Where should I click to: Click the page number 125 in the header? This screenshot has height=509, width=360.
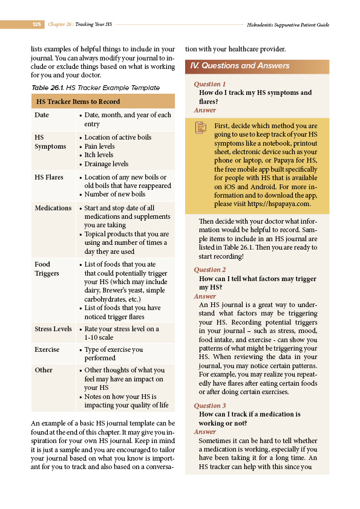tap(36, 25)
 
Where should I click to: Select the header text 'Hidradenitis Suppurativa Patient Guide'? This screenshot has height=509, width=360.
tap(288, 25)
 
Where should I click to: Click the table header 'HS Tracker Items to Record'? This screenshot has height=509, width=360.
tap(78, 102)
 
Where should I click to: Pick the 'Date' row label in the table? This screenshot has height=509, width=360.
tap(42, 115)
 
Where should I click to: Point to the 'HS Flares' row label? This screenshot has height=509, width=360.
tap(50, 177)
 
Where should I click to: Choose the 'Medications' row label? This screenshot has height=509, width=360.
tap(53, 208)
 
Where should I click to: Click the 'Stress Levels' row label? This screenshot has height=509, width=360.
tap(53, 329)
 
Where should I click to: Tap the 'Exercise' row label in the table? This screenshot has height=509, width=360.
tap(47, 349)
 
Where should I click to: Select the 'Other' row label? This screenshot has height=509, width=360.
tap(44, 370)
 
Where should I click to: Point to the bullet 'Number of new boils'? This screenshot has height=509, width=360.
tap(115, 194)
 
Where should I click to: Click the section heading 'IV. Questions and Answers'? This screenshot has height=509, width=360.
tap(240, 66)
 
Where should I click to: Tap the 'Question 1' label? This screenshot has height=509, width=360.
tap(210, 84)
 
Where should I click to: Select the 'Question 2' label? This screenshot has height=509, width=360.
tap(210, 270)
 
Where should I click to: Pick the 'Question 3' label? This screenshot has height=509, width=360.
tap(210, 406)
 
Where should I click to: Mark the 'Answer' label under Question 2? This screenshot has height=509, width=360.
tap(205, 296)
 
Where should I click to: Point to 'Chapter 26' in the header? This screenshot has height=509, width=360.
tap(60, 25)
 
